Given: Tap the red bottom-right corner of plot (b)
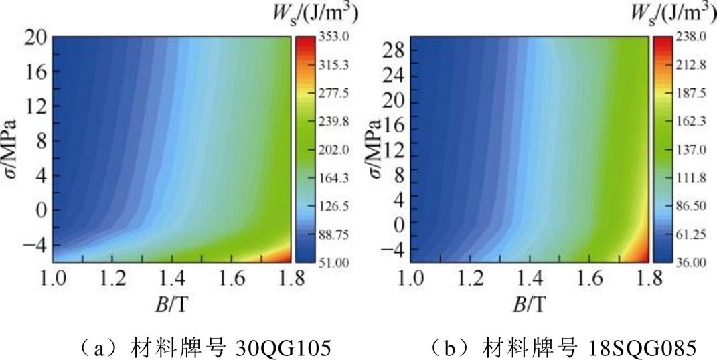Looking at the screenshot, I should tap(643, 255).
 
